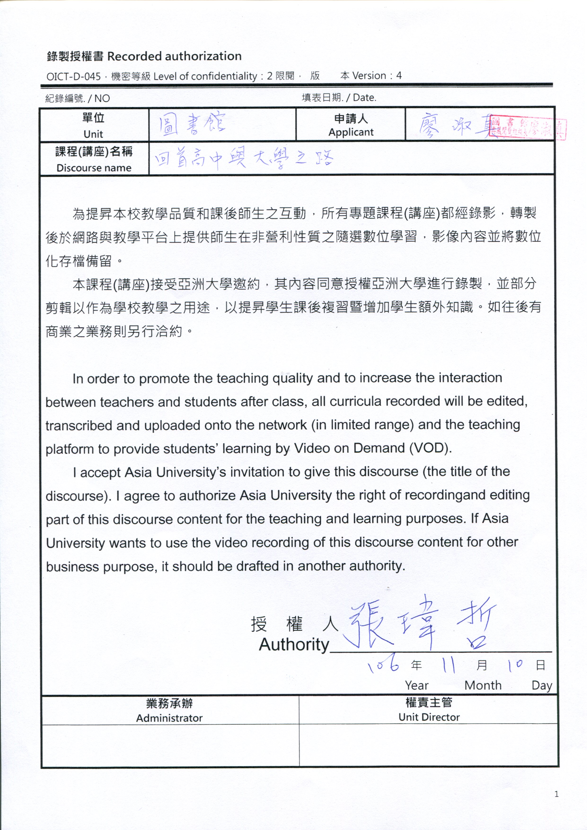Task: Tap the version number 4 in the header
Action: [x=399, y=75]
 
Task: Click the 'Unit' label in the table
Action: [x=93, y=134]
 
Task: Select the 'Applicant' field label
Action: [x=351, y=132]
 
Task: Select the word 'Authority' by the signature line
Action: [x=294, y=645]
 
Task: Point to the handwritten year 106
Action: [x=383, y=664]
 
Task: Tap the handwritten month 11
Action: [x=449, y=664]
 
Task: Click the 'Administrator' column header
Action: [x=169, y=718]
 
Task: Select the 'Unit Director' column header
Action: [x=429, y=717]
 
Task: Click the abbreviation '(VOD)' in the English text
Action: [x=430, y=448]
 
